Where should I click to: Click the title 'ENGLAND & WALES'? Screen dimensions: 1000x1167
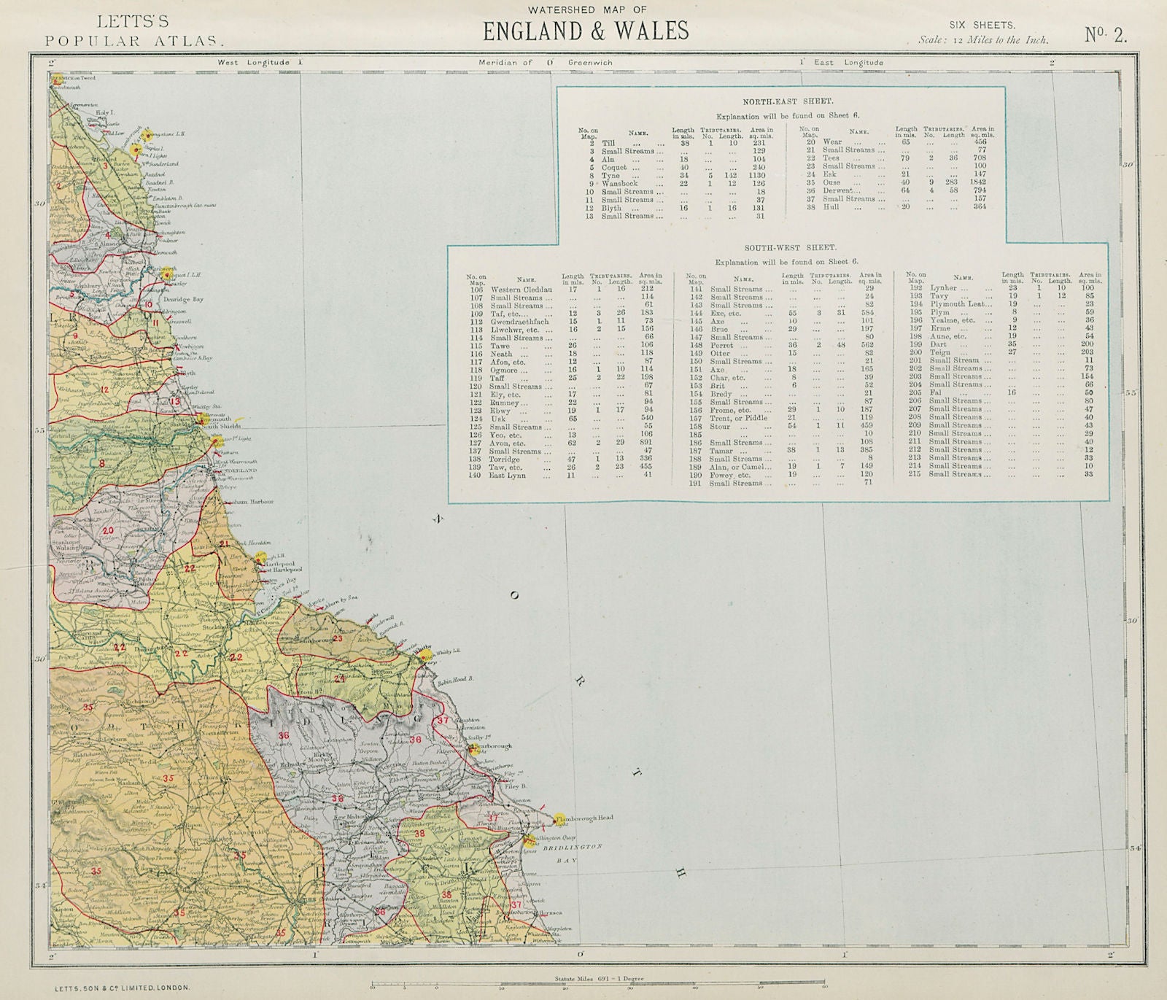tap(586, 30)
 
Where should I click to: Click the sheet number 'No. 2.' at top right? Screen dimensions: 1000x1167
tap(1105, 34)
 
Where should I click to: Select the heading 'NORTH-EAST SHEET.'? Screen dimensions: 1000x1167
tap(778, 102)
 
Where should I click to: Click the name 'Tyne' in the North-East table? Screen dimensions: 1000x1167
tap(610, 176)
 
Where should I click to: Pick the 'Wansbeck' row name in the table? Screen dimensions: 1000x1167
tap(619, 184)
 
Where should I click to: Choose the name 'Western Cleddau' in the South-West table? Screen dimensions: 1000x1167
tap(522, 289)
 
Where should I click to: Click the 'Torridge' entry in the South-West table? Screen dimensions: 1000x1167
tap(505, 459)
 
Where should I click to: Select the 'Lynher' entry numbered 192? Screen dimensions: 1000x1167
tap(943, 288)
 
